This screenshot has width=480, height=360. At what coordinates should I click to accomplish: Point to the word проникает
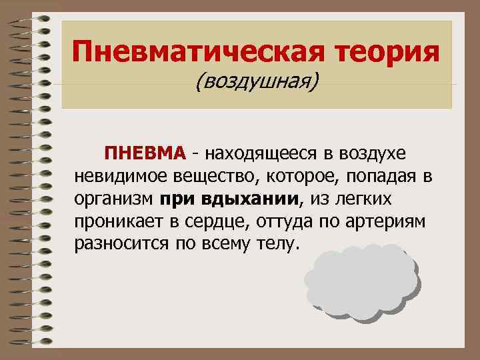point(116,222)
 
